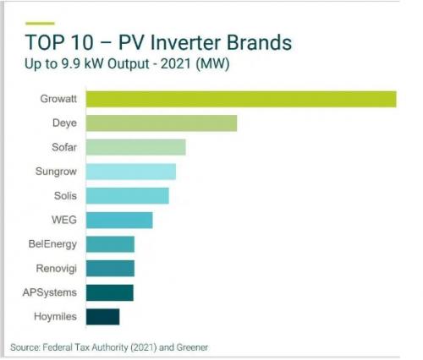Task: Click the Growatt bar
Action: pyautogui.click(x=241, y=99)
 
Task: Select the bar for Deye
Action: pyautogui.click(x=162, y=123)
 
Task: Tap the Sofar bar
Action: pyautogui.click(x=136, y=147)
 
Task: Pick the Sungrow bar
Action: pyautogui.click(x=131, y=172)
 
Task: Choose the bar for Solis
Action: pyautogui.click(x=128, y=196)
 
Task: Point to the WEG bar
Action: pyautogui.click(x=119, y=220)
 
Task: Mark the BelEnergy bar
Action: pyautogui.click(x=110, y=244)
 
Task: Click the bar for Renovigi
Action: pyautogui.click(x=110, y=269)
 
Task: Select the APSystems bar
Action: pyautogui.click(x=110, y=292)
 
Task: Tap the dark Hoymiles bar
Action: pyautogui.click(x=102, y=317)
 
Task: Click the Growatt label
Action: pyautogui.click(x=58, y=99)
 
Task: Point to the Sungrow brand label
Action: pyautogui.click(x=56, y=172)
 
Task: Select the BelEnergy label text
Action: pyautogui.click(x=52, y=244)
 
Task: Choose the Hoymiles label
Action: pyautogui.click(x=55, y=317)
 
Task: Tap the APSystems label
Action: pyautogui.click(x=50, y=292)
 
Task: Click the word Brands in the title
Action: pyautogui.click(x=259, y=42)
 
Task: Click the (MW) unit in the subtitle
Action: pyautogui.click(x=212, y=63)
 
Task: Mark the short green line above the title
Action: pyautogui.click(x=40, y=24)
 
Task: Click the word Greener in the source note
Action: pyautogui.click(x=192, y=347)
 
